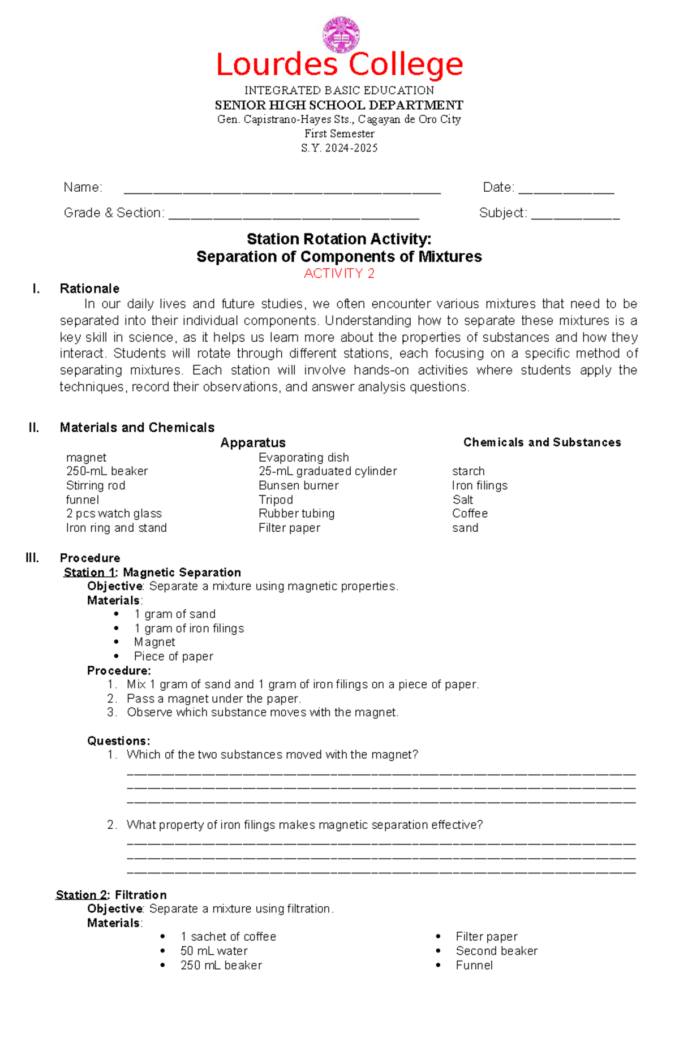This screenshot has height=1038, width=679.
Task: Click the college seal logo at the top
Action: (341, 35)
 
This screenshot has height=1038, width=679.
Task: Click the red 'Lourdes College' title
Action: (339, 65)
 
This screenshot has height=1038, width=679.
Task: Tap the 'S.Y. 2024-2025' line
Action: (339, 148)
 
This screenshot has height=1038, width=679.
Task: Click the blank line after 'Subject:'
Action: (575, 215)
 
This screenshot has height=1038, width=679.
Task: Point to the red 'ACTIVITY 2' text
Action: (339, 274)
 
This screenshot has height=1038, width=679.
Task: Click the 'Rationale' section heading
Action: (89, 288)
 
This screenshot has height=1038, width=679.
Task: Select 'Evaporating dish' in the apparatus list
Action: (304, 457)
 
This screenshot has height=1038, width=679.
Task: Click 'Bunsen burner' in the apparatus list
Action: (299, 485)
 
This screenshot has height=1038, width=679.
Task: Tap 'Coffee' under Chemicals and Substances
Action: (470, 514)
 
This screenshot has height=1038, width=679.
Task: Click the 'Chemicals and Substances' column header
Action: (542, 442)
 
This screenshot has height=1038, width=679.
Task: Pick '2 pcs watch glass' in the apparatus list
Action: (114, 514)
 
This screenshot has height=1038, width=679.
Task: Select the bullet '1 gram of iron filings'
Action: (189, 628)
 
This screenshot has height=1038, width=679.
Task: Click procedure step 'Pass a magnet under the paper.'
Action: (214, 699)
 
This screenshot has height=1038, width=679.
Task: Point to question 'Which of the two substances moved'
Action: (272, 755)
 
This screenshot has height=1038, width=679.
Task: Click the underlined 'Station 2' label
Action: (81, 895)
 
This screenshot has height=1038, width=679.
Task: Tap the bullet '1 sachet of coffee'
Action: (228, 937)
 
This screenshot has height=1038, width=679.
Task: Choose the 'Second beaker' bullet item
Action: (496, 951)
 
